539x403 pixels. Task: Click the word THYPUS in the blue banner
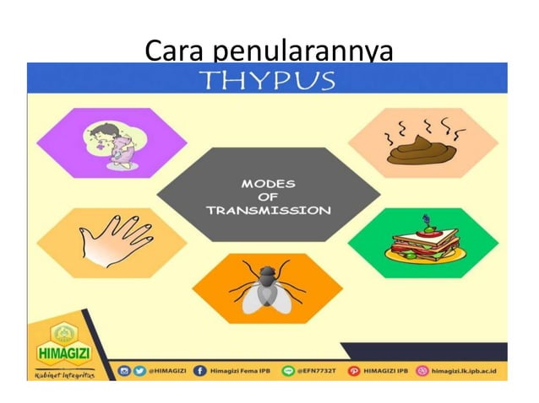point(267,80)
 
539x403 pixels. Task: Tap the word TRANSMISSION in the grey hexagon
point(269,211)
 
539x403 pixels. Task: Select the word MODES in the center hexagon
point(269,182)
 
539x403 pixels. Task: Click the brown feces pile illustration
point(422,143)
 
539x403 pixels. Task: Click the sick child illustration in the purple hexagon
point(113,143)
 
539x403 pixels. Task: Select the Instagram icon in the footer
point(123,370)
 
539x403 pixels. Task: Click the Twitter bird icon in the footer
point(137,370)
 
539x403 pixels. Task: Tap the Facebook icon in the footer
point(200,370)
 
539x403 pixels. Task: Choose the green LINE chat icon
point(286,370)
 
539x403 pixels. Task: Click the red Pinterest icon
point(354,370)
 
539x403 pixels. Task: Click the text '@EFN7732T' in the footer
point(317,370)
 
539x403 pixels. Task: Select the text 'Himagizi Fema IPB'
point(240,370)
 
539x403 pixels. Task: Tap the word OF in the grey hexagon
point(269,196)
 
